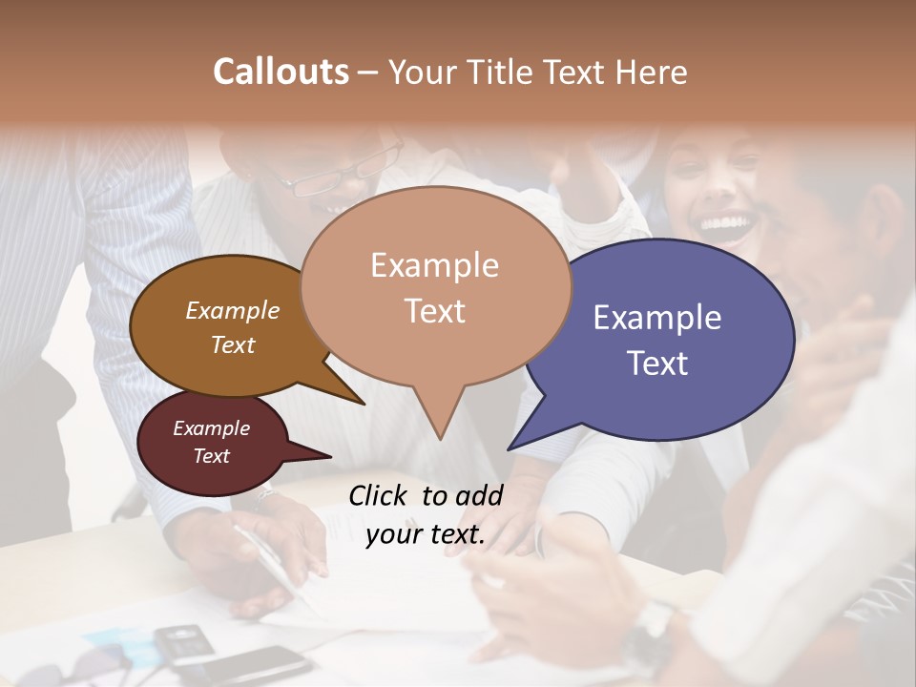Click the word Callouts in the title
point(281,72)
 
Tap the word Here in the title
point(652,72)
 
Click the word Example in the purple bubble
point(657,318)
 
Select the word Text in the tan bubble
point(435,311)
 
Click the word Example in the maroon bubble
point(212,428)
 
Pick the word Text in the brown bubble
point(233,344)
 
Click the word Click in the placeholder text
point(380,494)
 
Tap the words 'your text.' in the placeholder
point(426,534)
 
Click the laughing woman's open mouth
point(725,227)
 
